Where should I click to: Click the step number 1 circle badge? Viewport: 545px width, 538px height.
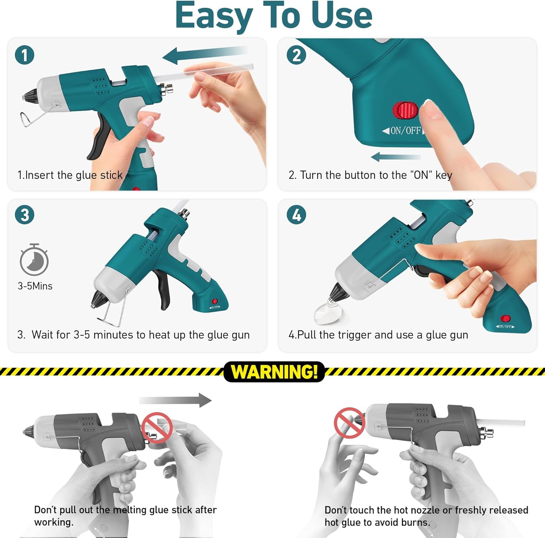click(x=25, y=55)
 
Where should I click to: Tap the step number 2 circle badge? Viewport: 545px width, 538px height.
click(x=296, y=55)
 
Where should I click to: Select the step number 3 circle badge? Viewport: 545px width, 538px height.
click(x=25, y=215)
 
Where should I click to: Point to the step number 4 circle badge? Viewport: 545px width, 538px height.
click(x=296, y=215)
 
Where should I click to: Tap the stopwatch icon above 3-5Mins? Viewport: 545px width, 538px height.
click(x=34, y=260)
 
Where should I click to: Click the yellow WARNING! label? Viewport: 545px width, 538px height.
click(x=274, y=372)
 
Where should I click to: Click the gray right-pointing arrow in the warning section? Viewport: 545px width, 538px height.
click(x=175, y=400)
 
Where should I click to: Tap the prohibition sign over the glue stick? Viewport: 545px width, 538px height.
click(x=157, y=428)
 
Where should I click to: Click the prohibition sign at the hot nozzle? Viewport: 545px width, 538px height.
click(x=349, y=423)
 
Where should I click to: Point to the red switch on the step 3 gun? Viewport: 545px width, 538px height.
click(x=215, y=301)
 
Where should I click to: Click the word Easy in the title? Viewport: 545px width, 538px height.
click(x=213, y=16)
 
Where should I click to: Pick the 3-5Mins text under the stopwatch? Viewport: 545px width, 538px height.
click(x=35, y=286)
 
